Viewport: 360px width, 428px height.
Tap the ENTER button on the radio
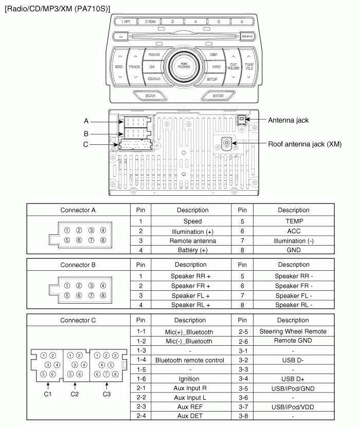coord(218,95)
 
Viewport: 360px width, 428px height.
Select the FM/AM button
coord(154,54)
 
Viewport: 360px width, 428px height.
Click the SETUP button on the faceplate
coord(212,79)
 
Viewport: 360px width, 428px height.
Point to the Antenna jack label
coord(288,120)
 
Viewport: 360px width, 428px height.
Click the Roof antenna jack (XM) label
coord(304,144)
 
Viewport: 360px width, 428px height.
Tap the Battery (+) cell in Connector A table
coord(192,250)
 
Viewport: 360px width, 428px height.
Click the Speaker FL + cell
coord(192,295)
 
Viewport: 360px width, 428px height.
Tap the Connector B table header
coord(78,265)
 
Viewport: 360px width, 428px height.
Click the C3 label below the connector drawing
coord(106,394)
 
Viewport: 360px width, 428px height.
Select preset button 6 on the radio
coord(242,22)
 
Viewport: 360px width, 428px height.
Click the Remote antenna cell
coord(192,240)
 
